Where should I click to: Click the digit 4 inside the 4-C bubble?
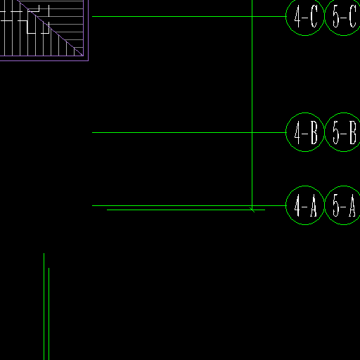click(x=297, y=16)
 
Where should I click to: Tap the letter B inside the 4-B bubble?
click(x=314, y=133)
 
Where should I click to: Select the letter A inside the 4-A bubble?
click(x=314, y=205)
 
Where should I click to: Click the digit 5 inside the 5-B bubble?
click(x=336, y=133)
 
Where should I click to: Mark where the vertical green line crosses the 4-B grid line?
click(x=252, y=132)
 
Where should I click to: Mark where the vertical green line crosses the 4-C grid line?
click(x=252, y=16)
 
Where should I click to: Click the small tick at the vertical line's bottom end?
click(x=252, y=210)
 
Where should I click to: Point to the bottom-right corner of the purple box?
click(x=88, y=60)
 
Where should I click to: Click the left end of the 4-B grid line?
click(x=92, y=132)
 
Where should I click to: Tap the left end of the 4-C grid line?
click(x=92, y=16)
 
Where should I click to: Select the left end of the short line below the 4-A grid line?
click(x=107, y=210)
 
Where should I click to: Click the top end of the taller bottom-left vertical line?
click(x=44, y=253)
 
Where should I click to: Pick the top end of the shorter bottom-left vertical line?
click(x=49, y=268)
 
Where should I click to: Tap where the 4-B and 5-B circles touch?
click(x=324, y=132)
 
